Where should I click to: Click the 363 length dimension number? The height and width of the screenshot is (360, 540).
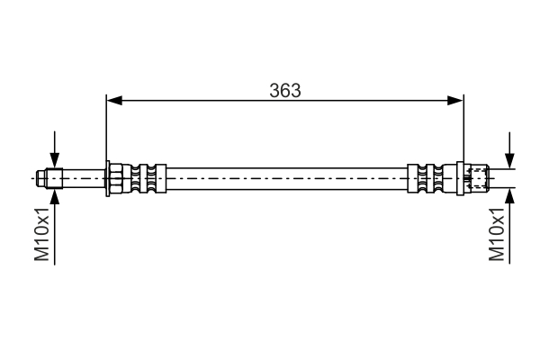click(x=284, y=90)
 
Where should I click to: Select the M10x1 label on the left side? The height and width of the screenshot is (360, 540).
click(x=42, y=237)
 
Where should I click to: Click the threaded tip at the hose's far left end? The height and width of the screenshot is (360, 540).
click(x=42, y=178)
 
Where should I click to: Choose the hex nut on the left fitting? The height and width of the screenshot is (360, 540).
click(x=117, y=178)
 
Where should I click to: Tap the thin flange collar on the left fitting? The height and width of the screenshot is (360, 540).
click(x=107, y=178)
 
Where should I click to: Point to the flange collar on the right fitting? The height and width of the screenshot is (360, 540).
click(x=461, y=178)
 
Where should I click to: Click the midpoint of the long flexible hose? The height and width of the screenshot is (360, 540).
click(x=286, y=178)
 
